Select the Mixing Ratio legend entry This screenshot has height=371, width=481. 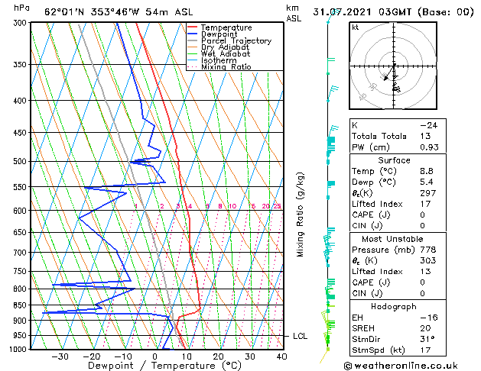click(x=226, y=67)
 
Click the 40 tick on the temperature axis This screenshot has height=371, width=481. click(x=281, y=356)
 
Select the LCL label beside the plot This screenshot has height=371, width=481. click(x=301, y=336)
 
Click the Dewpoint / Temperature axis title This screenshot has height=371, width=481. click(x=155, y=366)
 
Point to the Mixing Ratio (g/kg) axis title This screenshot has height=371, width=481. click(x=301, y=214)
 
